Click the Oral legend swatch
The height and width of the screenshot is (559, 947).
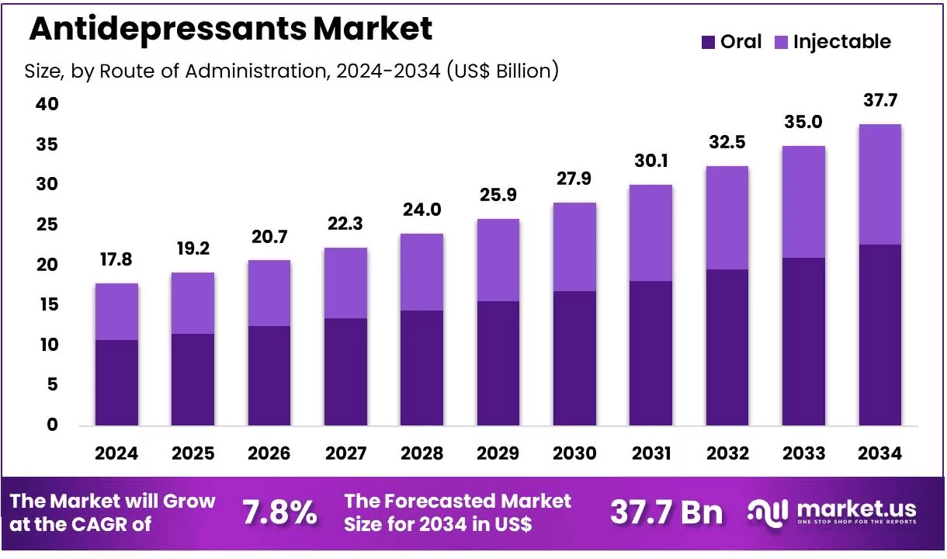708,42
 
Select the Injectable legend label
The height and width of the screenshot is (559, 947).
841,42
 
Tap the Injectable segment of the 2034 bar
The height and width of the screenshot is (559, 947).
880,184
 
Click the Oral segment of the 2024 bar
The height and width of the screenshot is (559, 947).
116,383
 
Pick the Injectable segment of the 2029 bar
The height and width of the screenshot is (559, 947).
498,260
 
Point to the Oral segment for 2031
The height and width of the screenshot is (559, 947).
650,353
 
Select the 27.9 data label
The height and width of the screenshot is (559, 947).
574,179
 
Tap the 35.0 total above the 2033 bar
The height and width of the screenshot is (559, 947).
803,123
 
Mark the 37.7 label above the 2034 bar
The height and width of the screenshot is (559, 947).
880,100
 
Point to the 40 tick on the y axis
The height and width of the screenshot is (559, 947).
47,104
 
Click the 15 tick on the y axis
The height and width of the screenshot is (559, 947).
47,305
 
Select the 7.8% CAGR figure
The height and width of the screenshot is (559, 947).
279,512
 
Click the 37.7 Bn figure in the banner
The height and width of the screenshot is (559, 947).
666,512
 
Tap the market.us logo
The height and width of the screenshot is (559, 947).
831,512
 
